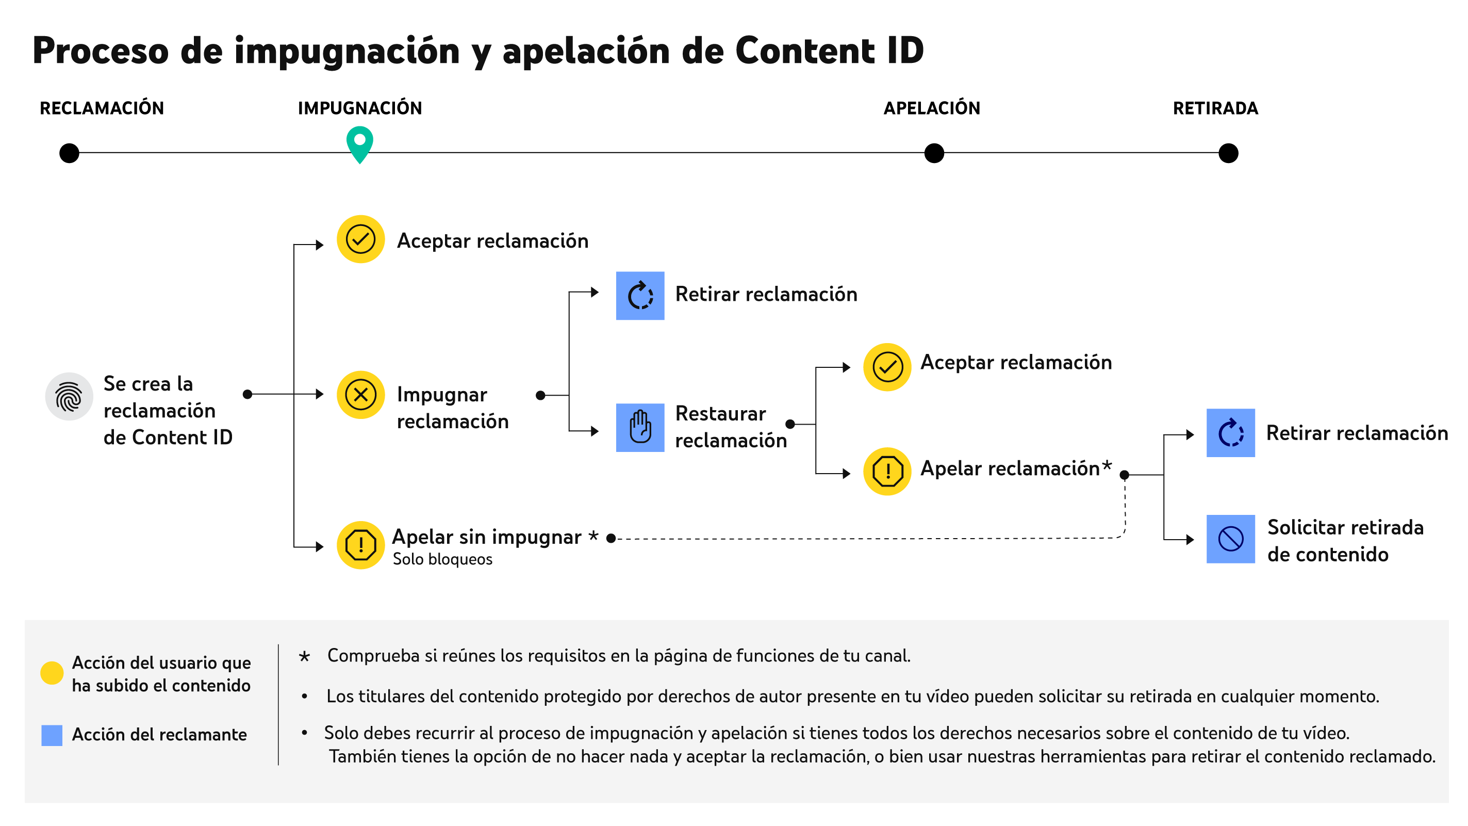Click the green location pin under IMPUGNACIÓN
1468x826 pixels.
(x=359, y=143)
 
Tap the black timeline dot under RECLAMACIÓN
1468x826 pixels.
(x=70, y=153)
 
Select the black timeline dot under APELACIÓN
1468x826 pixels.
(x=933, y=153)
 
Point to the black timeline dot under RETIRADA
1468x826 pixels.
(x=1228, y=153)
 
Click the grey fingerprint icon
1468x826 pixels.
(x=69, y=397)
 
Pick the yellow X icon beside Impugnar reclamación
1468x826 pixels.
(x=361, y=395)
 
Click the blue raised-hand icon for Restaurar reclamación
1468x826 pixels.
(x=640, y=428)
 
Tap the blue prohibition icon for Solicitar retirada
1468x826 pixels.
(x=1230, y=539)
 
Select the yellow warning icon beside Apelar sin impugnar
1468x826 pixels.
(x=361, y=545)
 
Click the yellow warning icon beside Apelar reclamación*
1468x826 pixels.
(x=887, y=472)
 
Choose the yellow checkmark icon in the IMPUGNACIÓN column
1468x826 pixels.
(x=361, y=239)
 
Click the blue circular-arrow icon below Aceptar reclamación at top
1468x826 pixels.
(x=640, y=295)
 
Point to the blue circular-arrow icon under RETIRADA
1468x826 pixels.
(x=1230, y=433)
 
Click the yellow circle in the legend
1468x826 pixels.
(x=52, y=673)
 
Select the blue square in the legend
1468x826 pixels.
(x=52, y=735)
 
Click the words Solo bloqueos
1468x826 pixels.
(x=442, y=559)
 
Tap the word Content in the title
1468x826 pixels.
(x=805, y=51)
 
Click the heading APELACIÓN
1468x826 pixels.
(x=931, y=108)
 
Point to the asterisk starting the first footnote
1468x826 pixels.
(x=305, y=657)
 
